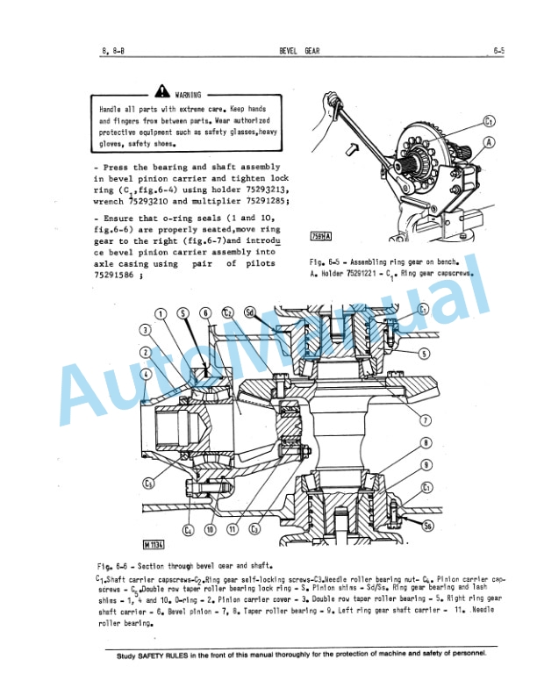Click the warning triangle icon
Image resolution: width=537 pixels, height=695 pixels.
click(x=161, y=91)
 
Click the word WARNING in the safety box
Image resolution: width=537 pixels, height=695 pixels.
click(x=188, y=94)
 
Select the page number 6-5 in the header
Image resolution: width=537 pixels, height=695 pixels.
click(x=498, y=51)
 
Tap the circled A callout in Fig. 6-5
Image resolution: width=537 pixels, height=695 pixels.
click(x=490, y=141)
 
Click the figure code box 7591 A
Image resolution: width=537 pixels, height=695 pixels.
click(x=321, y=236)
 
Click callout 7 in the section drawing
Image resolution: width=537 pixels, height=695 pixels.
click(x=426, y=419)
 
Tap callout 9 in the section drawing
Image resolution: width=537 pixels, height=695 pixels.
click(x=426, y=465)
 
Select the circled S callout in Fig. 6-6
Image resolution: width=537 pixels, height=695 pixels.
click(x=183, y=312)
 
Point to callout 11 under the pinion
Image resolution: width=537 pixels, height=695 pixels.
click(x=233, y=530)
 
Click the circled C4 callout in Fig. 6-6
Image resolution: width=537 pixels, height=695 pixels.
click(x=188, y=530)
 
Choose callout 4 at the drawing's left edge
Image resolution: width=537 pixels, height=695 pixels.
click(x=145, y=373)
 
